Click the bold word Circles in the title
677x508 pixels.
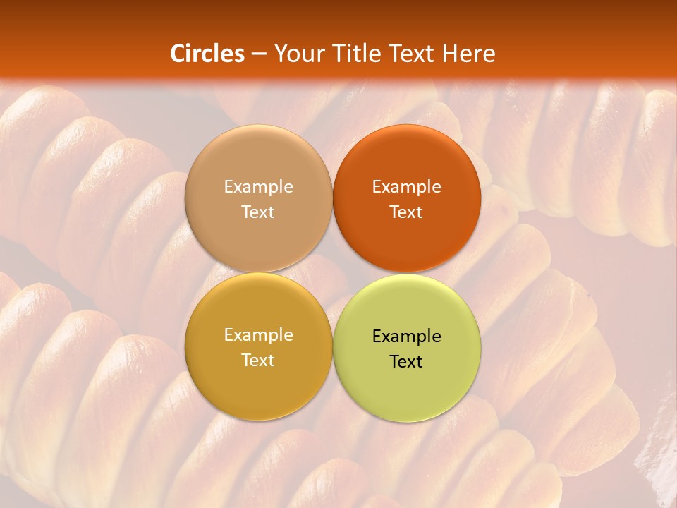pyautogui.click(x=207, y=54)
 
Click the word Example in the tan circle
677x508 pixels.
pyautogui.click(x=258, y=187)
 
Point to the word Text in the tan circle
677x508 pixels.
pyautogui.click(x=258, y=212)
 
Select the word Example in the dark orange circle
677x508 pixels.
pyautogui.click(x=407, y=187)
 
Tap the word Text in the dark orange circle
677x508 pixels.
pyautogui.click(x=407, y=212)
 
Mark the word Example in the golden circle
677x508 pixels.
pyautogui.click(x=258, y=335)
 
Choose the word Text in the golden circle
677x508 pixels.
pyautogui.click(x=258, y=361)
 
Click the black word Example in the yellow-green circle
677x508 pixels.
pyautogui.click(x=407, y=337)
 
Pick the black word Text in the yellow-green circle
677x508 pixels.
pyautogui.click(x=407, y=362)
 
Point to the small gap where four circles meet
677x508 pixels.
pyautogui.click(x=333, y=273)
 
